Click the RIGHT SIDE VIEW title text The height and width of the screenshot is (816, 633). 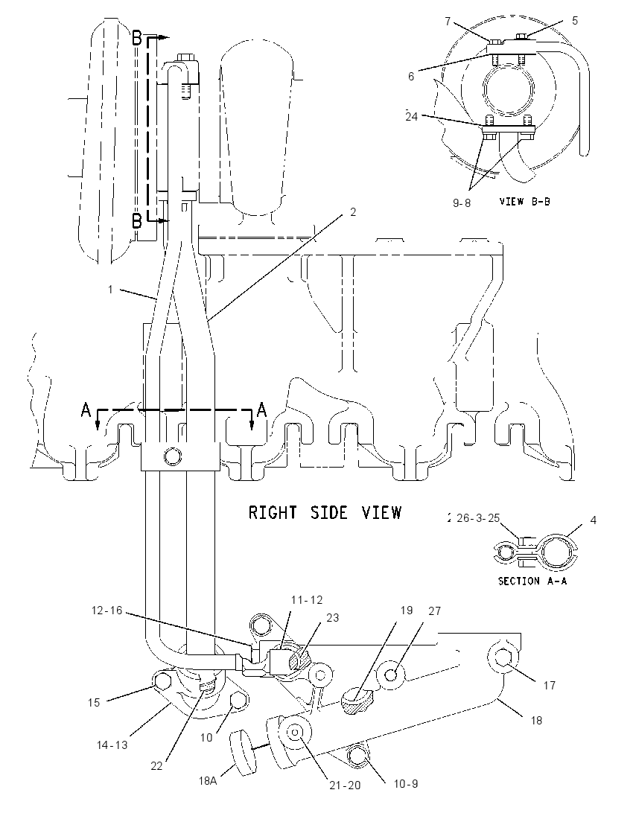tap(325, 512)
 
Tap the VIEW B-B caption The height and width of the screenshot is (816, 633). tap(524, 201)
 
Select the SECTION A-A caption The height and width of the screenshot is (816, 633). tap(532, 581)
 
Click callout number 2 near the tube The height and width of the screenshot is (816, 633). tap(353, 212)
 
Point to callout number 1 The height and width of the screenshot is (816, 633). tap(109, 289)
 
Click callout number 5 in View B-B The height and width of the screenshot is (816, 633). tap(575, 21)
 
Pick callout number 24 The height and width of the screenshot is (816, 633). tap(412, 117)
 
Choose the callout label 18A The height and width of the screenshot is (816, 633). tap(207, 780)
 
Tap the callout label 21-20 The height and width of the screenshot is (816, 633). tap(345, 785)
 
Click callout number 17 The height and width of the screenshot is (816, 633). tap(550, 686)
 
